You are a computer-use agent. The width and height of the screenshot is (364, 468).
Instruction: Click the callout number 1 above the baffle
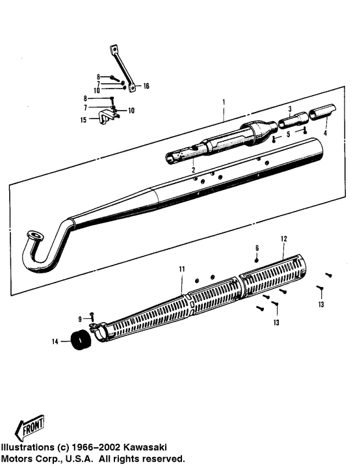(224, 102)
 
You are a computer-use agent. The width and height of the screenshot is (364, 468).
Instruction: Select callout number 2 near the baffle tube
(193, 170)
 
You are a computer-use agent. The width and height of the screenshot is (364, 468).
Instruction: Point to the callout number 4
(325, 133)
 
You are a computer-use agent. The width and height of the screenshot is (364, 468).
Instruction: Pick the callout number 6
(257, 248)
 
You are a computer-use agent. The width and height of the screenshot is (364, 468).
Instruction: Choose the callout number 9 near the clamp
(81, 318)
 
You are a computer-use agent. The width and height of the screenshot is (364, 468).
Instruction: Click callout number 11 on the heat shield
(182, 269)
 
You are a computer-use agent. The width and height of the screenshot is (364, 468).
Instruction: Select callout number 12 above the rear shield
(283, 239)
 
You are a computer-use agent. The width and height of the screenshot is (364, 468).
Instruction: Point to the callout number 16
(146, 86)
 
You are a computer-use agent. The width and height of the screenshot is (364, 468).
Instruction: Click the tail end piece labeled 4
(322, 111)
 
